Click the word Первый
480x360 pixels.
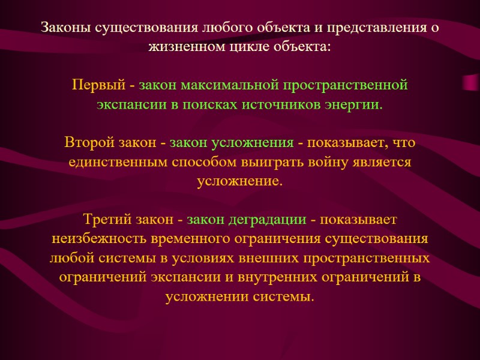[x=95, y=85]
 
